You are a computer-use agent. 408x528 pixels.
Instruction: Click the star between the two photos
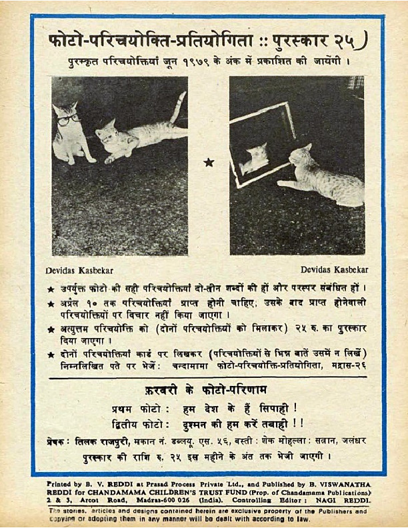(209, 161)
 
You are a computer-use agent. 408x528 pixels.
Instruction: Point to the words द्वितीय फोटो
(137, 423)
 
